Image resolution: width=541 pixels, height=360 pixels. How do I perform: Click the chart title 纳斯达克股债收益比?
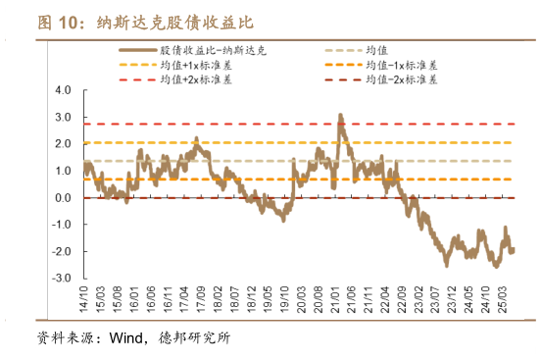point(172,23)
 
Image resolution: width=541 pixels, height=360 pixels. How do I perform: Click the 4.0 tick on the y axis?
point(65,89)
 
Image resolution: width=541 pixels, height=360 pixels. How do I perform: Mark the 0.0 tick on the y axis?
point(65,198)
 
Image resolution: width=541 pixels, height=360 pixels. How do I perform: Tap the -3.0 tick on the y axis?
point(63,279)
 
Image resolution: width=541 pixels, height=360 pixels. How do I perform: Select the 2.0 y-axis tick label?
point(65,143)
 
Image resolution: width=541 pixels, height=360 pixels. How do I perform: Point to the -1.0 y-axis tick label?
point(63,225)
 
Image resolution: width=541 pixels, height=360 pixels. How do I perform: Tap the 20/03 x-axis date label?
point(319,296)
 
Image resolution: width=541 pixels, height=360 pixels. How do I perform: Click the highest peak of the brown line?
point(340,116)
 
